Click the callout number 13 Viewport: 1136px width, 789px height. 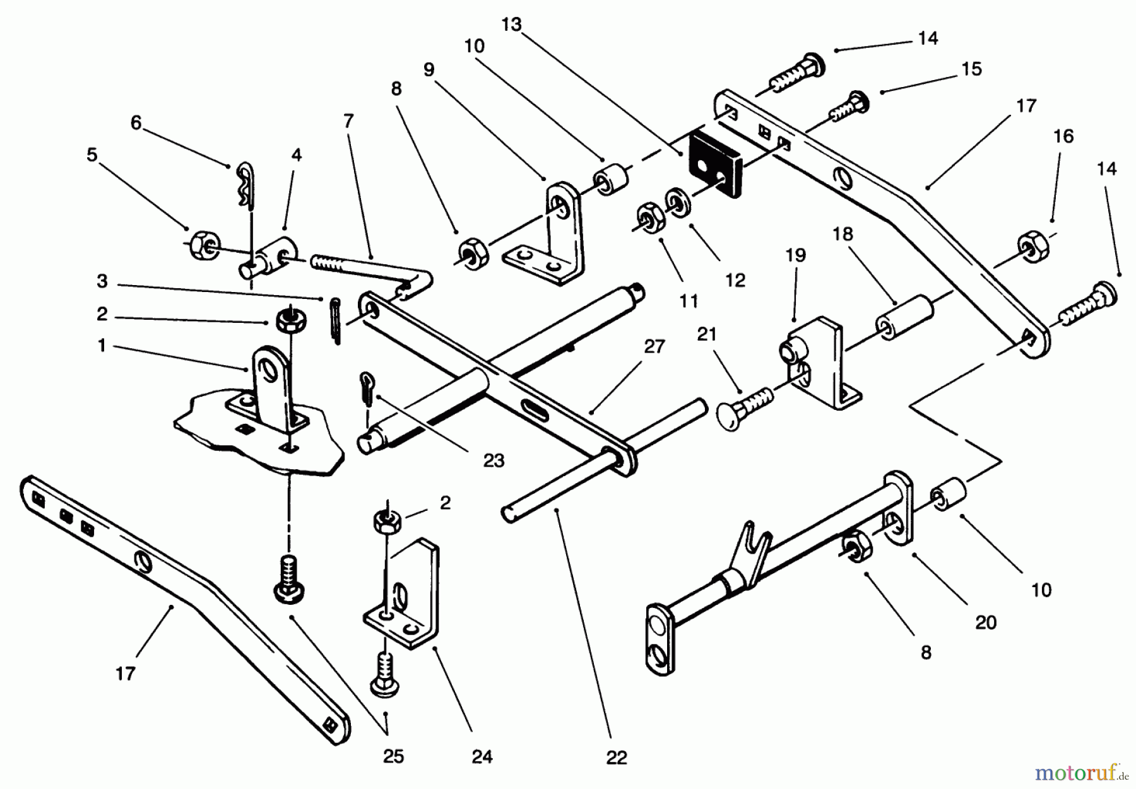click(511, 25)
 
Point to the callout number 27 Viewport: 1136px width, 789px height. click(654, 346)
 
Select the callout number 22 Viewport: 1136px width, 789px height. click(616, 757)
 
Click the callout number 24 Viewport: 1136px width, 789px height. click(482, 756)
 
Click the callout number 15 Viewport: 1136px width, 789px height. click(972, 69)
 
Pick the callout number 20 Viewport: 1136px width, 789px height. click(986, 622)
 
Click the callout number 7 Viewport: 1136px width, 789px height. click(349, 120)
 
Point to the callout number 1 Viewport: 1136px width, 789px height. click(102, 346)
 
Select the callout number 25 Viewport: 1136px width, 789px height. click(393, 756)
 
